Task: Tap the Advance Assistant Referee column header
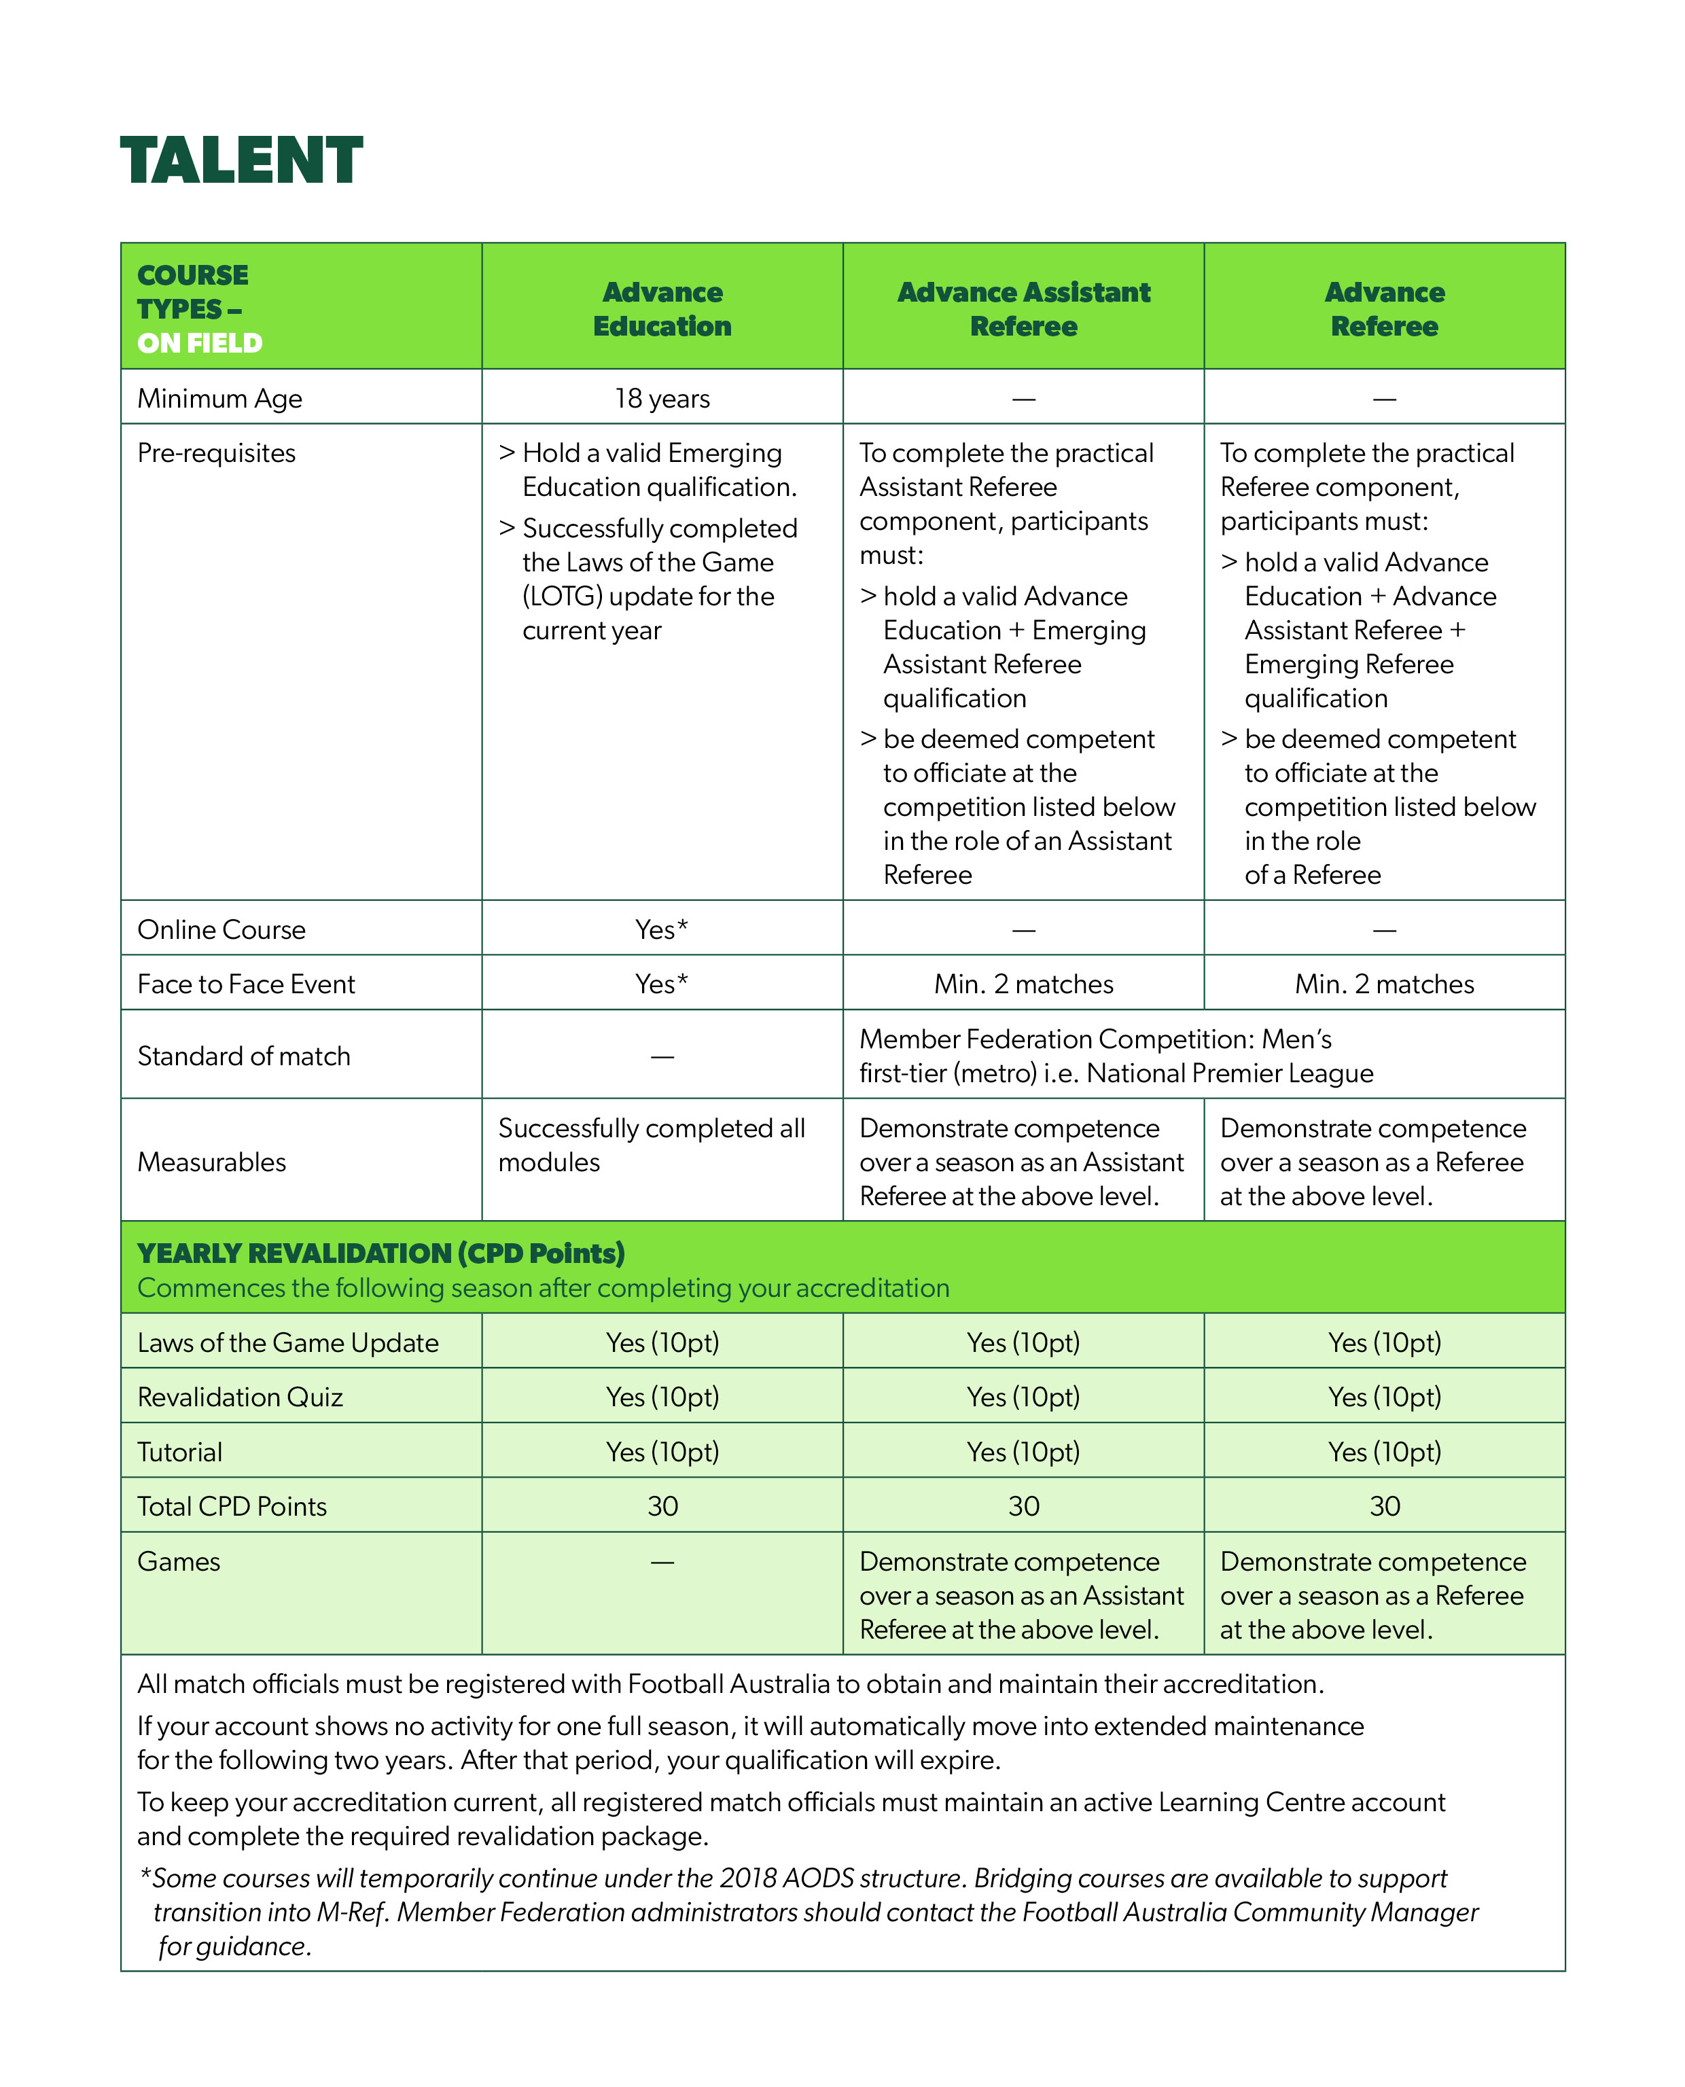[1023, 308]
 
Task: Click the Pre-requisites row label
[217, 453]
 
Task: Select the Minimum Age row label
[219, 399]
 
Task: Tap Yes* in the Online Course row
[662, 929]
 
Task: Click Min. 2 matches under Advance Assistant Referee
[1023, 984]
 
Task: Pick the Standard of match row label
[244, 1056]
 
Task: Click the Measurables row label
[211, 1162]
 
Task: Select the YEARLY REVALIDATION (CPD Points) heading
[380, 1253]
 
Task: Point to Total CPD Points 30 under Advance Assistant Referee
[1023, 1506]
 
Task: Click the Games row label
[179, 1561]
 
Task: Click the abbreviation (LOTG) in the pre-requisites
[561, 596]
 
